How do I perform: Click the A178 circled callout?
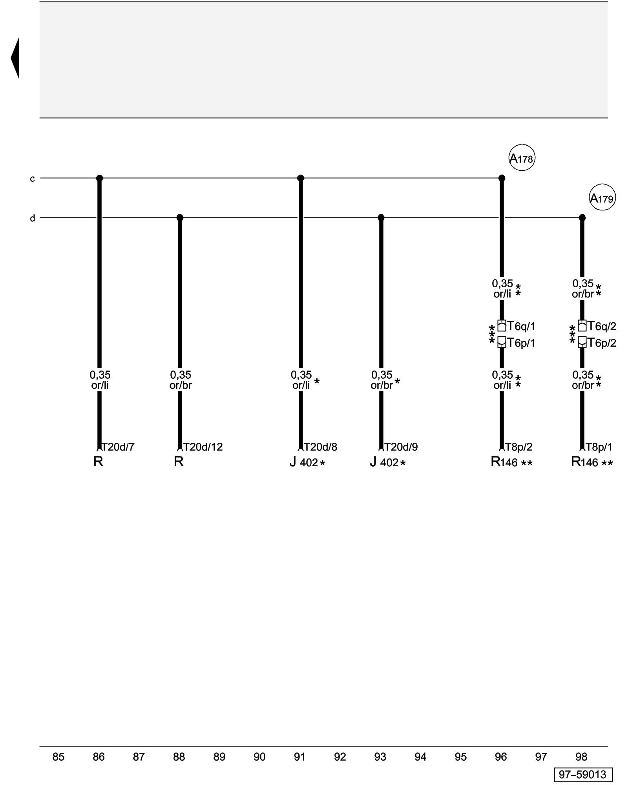pyautogui.click(x=522, y=158)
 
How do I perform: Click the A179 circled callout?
pyautogui.click(x=602, y=197)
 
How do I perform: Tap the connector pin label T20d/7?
pyautogui.click(x=118, y=447)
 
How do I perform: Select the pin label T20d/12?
pyautogui.click(x=203, y=447)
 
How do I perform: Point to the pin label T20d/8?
pyautogui.click(x=320, y=447)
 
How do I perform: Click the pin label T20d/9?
pyautogui.click(x=401, y=447)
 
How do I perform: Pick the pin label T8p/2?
pyautogui.click(x=518, y=447)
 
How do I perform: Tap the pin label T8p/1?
pyautogui.click(x=599, y=447)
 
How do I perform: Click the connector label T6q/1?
pyautogui.click(x=521, y=326)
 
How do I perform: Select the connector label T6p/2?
pyautogui.click(x=602, y=343)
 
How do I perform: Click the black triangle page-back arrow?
pyautogui.click(x=15, y=58)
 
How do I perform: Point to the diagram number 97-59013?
pyautogui.click(x=583, y=774)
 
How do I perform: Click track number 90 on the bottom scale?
pyautogui.click(x=259, y=757)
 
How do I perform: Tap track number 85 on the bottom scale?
pyautogui.click(x=58, y=757)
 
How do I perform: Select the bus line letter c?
pyautogui.click(x=33, y=179)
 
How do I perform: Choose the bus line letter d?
pyautogui.click(x=33, y=218)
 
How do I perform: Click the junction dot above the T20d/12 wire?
pyautogui.click(x=180, y=217)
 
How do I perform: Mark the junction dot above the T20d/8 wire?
pyautogui.click(x=301, y=178)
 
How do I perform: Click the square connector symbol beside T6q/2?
pyautogui.click(x=582, y=326)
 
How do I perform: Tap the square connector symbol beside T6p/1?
pyautogui.click(x=502, y=342)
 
